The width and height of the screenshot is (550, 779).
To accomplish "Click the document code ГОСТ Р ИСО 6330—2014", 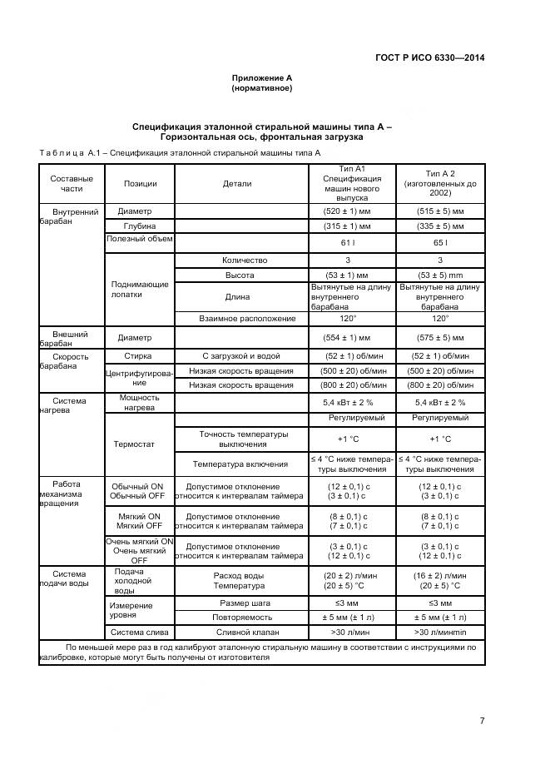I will point(432,57).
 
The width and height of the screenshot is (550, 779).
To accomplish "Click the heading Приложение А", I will point(261,77).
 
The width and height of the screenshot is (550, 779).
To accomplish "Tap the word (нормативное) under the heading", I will point(261,87).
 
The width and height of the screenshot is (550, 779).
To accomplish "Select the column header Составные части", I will point(72,184).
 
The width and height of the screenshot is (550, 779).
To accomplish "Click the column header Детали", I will point(237,184).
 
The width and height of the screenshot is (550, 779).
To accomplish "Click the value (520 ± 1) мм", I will point(348,211).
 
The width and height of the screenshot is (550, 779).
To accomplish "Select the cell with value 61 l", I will point(348,242).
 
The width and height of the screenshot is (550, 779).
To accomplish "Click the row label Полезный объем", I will point(139,240).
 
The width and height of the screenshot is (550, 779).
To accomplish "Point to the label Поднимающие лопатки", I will point(139,289).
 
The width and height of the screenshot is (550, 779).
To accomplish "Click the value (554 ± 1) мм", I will point(348,338).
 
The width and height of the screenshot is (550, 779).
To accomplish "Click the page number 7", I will point(482,721).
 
